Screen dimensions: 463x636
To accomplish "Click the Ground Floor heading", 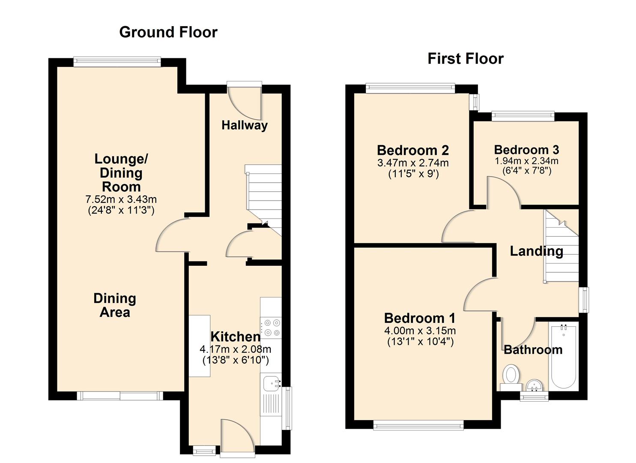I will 168,32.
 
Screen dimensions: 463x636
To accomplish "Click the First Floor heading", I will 466,59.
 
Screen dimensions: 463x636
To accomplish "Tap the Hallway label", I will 245,125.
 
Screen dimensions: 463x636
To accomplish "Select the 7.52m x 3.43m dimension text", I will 121,199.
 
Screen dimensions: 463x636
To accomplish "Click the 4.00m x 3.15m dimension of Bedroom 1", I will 420,331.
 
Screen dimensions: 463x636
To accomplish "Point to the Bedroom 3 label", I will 526,150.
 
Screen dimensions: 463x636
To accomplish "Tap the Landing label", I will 536,251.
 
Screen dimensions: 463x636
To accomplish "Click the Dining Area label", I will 115,305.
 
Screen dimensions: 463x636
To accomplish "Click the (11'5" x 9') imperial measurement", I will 413,174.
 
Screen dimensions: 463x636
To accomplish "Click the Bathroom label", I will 533,350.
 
